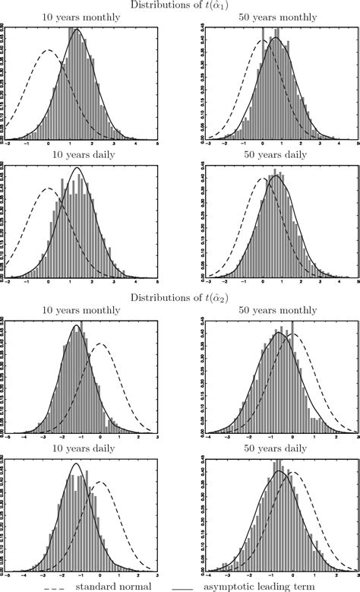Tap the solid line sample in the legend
tap(182, 587)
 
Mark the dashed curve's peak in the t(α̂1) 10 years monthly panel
tap(49, 51)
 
